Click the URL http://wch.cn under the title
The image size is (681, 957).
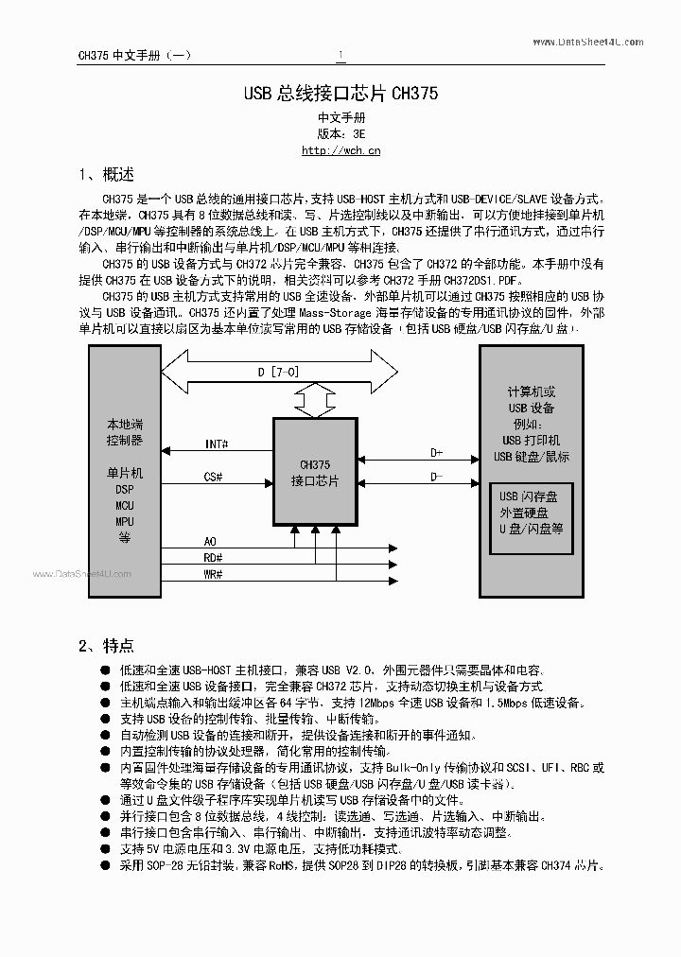coord(340,149)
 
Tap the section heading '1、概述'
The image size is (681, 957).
coord(106,175)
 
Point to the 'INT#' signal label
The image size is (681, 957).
coord(215,444)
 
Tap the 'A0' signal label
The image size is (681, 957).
coord(210,541)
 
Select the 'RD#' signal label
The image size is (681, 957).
coord(213,557)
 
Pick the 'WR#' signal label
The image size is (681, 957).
coord(213,574)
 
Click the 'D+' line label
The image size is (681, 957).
coord(437,453)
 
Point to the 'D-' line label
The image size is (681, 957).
coord(437,477)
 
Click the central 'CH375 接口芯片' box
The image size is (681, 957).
coord(315,472)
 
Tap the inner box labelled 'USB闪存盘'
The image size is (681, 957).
coord(530,518)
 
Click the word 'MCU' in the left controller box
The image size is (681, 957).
coord(125,505)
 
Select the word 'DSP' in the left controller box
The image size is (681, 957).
coord(125,489)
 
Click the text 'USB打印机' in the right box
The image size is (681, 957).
coord(531,441)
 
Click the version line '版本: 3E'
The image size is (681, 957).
coord(340,133)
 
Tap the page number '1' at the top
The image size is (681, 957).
coord(341,55)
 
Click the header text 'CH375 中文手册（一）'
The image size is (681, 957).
coord(134,55)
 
